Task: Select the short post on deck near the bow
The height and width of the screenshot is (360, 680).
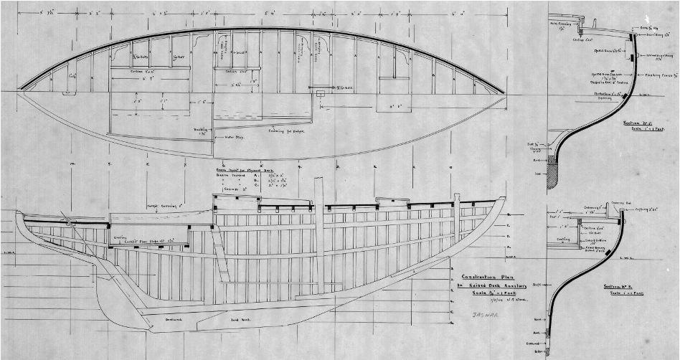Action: point(456,208)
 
